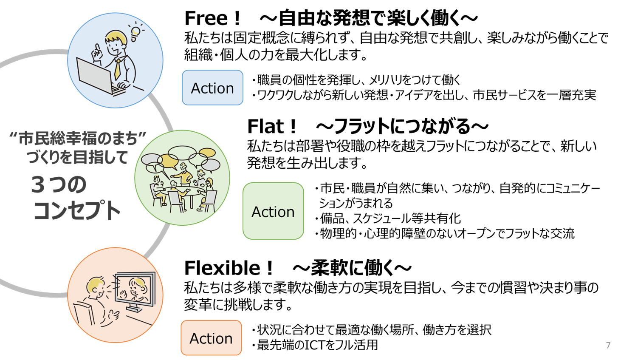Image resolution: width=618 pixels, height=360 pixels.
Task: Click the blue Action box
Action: point(212,88)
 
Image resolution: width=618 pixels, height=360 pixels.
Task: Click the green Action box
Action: point(273,211)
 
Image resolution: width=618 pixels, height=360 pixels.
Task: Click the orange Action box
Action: point(212,337)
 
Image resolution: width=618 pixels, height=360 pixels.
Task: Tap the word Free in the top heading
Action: point(206,18)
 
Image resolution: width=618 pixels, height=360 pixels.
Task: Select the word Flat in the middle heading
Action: point(265,127)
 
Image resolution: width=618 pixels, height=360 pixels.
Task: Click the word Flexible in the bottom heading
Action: point(222,268)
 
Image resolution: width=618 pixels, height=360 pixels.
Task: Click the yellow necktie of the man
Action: point(118,69)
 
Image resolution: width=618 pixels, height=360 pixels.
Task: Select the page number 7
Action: point(608,345)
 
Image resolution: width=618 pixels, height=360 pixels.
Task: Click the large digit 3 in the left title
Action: point(38,185)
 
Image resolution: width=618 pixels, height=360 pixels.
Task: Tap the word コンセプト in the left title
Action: point(77,210)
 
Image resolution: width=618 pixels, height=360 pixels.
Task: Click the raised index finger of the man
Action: point(97,48)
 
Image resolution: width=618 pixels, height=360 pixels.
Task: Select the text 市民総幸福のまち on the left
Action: point(78,139)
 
